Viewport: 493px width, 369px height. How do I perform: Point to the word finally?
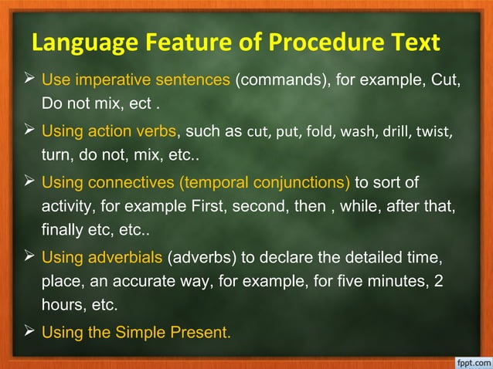(61, 229)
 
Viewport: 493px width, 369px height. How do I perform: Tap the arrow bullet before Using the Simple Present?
(29, 333)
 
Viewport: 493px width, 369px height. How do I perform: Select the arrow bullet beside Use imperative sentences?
(29, 79)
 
